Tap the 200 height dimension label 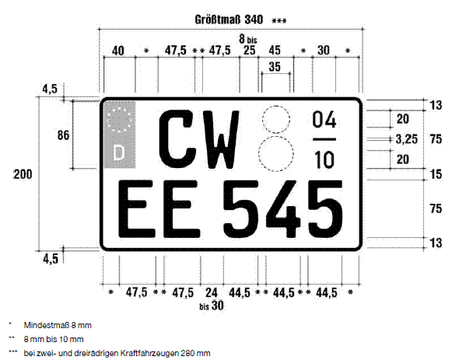tap(23, 174)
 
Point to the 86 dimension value tap(63, 135)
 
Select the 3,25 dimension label tap(407, 139)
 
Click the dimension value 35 tap(275, 67)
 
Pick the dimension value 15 tap(436, 174)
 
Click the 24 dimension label tap(212, 292)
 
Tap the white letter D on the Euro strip tap(118, 153)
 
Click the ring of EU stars tap(119, 120)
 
